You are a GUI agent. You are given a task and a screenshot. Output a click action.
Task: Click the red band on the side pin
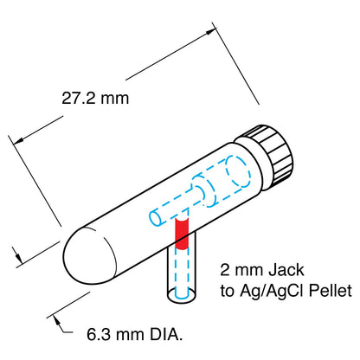click(x=182, y=232)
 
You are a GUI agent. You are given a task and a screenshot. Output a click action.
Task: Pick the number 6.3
click(x=100, y=332)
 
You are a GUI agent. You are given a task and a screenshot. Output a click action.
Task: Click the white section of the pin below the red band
click(x=182, y=268)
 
